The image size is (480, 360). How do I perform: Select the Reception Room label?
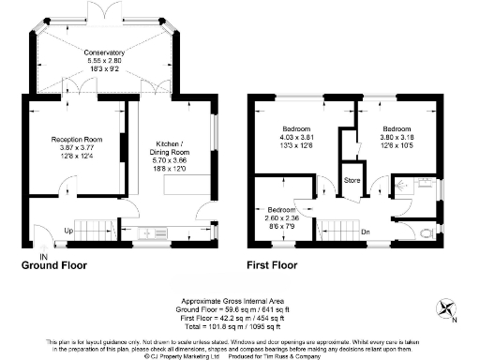[x=76, y=139]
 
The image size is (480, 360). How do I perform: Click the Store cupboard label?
[x=352, y=178]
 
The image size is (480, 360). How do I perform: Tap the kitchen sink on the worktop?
[x=149, y=230]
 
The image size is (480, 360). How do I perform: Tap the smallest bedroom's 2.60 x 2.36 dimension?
[x=282, y=217]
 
